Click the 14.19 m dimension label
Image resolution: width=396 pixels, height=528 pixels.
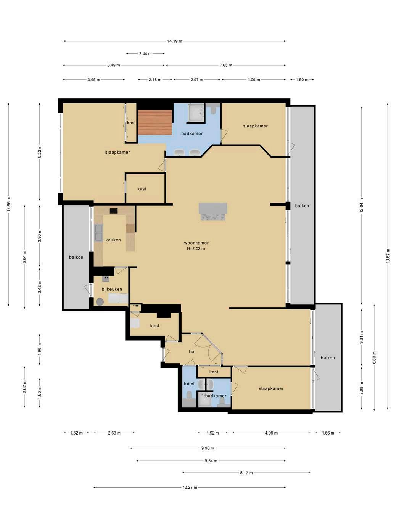(175, 41)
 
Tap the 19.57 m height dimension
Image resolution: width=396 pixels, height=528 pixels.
(388, 256)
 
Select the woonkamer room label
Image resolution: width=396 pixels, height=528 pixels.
(196, 243)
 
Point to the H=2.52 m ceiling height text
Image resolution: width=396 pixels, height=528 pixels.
(196, 248)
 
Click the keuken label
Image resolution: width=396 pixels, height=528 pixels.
(113, 240)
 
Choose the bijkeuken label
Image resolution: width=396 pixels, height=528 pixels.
(112, 289)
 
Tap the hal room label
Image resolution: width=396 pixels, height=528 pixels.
(192, 351)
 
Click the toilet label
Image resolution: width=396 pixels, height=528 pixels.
(189, 383)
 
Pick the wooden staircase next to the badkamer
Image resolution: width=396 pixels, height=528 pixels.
(155, 122)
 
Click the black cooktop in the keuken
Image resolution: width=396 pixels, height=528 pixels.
(113, 211)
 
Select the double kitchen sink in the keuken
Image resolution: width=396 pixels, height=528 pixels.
(98, 233)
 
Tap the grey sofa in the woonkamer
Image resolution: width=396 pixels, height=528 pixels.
(213, 211)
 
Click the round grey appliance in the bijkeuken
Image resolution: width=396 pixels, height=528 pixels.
(100, 301)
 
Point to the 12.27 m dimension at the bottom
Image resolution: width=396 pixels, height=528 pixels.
(190, 487)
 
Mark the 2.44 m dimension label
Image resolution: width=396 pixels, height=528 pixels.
(145, 54)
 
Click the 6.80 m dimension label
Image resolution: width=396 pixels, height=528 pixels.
(374, 357)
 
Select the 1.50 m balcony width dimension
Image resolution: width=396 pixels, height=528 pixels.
(302, 80)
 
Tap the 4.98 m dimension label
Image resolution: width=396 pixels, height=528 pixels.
(271, 433)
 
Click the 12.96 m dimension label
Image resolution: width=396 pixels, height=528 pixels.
(9, 204)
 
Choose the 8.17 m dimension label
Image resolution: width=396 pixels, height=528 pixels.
(246, 473)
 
